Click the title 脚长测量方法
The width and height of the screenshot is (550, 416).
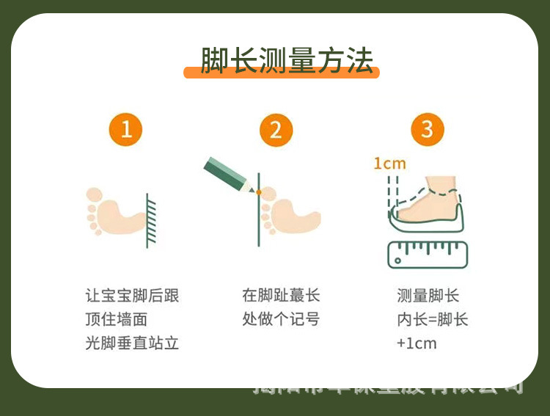287,61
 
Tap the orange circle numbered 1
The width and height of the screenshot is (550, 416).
126,130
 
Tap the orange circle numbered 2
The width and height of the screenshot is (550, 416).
276,130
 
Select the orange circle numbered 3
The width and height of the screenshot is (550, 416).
427,130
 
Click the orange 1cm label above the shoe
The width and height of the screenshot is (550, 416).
389,163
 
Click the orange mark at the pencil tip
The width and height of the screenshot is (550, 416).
259,192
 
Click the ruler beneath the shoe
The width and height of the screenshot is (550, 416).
427,253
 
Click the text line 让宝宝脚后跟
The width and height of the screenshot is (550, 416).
132,296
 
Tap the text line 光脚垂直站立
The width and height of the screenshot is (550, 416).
132,343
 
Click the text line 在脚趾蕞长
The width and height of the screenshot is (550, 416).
281,296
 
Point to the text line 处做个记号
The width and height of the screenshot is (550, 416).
281,319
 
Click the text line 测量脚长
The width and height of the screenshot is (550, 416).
428,296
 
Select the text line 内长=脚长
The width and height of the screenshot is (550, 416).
432,319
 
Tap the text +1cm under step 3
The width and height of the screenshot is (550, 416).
416,343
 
